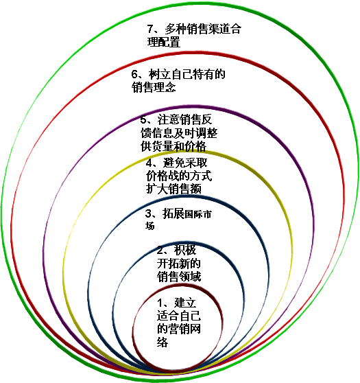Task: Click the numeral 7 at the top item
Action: tap(150, 29)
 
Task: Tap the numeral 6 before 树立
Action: tap(134, 74)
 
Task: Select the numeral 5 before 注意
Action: tap(143, 119)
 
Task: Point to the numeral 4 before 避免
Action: tap(149, 163)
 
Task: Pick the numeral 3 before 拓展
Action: tap(148, 213)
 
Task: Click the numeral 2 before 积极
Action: tap(160, 250)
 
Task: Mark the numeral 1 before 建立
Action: tap(160, 303)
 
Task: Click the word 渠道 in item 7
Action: tap(219, 29)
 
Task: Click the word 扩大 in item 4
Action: tap(157, 189)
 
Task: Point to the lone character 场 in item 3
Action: tap(150, 225)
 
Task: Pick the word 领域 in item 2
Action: tap(190, 277)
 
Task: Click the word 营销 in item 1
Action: tap(179, 329)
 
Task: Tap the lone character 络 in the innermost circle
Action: tap(163, 343)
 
